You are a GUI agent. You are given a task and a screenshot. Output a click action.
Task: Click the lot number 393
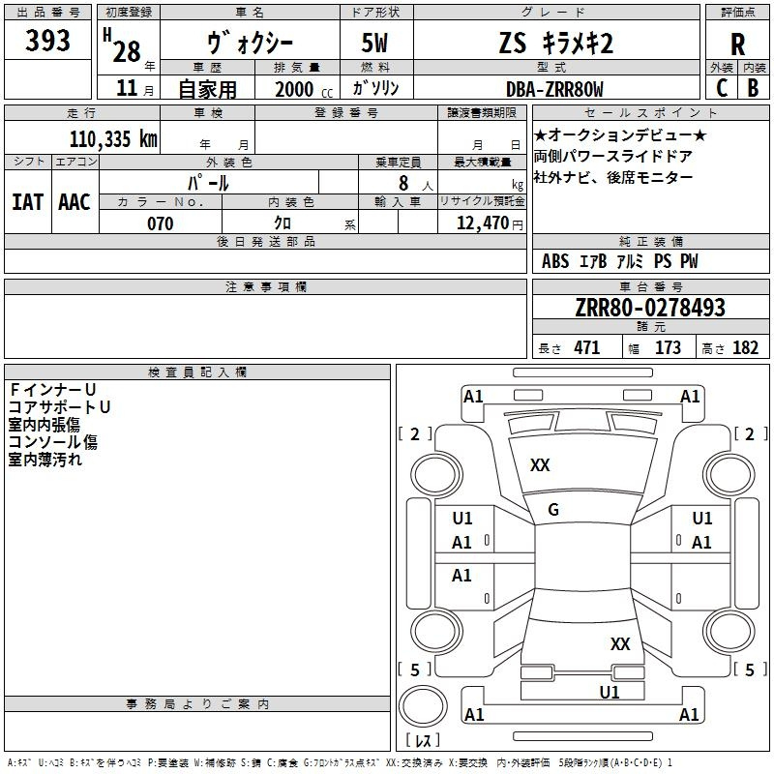[x=48, y=41]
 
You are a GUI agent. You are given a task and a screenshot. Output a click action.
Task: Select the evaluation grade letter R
[x=738, y=45]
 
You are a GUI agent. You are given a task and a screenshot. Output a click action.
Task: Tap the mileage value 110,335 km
[x=112, y=138]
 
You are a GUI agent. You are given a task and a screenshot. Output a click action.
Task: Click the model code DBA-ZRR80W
[x=554, y=89]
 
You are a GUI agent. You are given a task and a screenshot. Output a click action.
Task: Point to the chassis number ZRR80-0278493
[x=650, y=308]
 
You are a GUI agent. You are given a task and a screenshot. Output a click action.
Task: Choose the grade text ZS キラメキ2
[x=556, y=43]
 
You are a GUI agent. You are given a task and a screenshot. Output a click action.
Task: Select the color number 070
[x=160, y=223]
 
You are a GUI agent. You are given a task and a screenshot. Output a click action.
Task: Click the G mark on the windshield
[x=553, y=510]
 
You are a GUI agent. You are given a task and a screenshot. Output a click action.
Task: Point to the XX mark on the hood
[x=540, y=465]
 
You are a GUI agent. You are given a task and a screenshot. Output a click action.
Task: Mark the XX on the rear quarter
[x=620, y=643]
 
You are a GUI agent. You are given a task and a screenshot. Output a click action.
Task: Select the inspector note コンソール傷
[x=53, y=442]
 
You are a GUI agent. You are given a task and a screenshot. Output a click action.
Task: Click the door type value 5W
[x=376, y=43]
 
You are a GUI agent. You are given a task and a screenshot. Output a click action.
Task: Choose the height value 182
[x=745, y=348]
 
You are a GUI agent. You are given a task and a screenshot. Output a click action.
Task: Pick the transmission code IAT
[x=28, y=201]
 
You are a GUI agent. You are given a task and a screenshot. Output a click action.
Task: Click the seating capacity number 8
[x=402, y=183]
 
